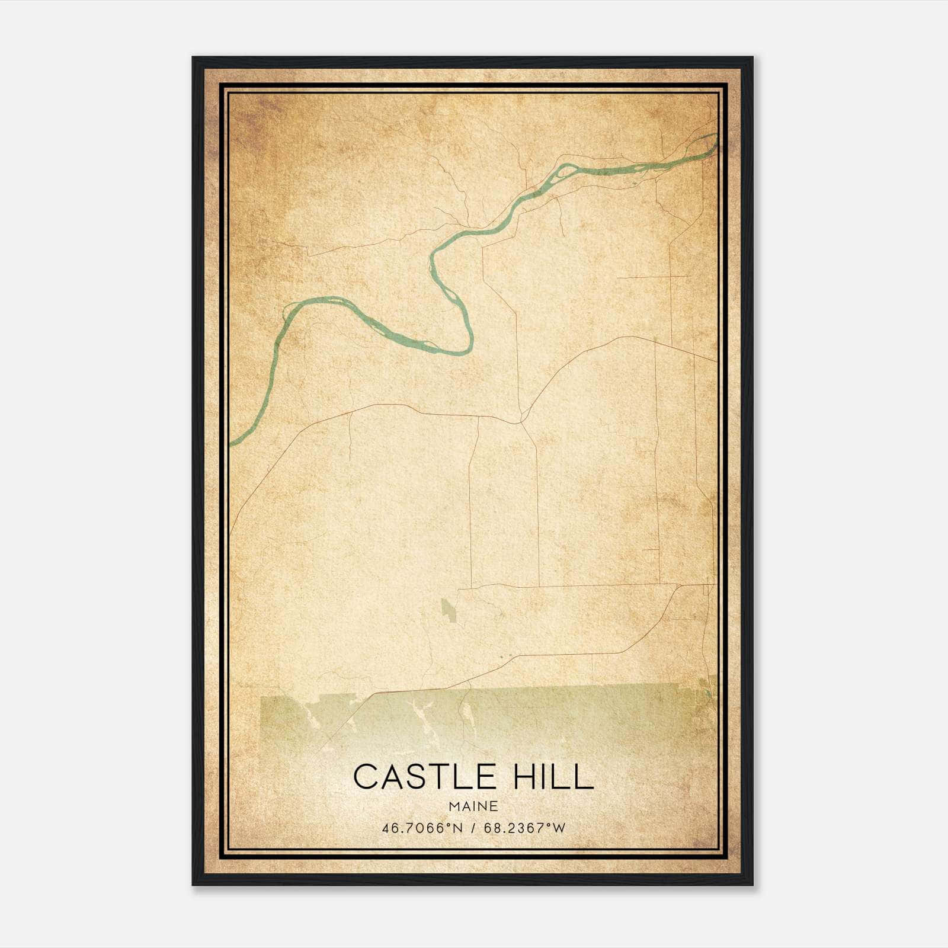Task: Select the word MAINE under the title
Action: (473, 806)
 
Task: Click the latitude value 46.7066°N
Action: (422, 828)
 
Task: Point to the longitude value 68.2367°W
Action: (524, 828)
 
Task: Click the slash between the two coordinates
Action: (473, 828)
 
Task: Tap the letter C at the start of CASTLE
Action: (365, 777)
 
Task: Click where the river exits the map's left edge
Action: (232, 443)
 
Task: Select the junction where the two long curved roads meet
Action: (520, 422)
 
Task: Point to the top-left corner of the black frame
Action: (193, 57)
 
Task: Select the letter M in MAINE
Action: (454, 806)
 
